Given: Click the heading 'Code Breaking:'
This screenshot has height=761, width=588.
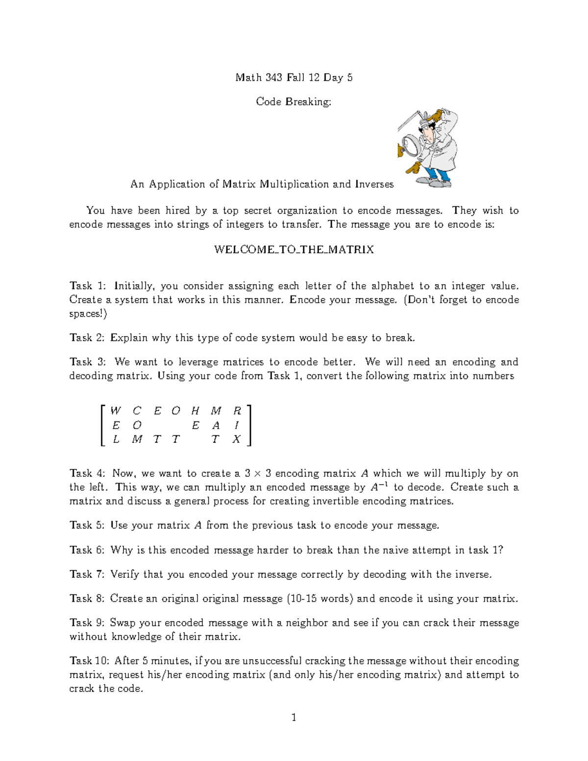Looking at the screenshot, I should tap(294, 101).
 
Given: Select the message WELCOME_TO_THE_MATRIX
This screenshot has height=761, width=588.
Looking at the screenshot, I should tap(294, 249).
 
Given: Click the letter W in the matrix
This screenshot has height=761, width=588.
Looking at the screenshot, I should tap(115, 411).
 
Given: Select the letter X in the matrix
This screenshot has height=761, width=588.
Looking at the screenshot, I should tap(237, 439).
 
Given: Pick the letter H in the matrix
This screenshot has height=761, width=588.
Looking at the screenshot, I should tap(196, 411).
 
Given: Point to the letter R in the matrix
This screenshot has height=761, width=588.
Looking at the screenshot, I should tap(237, 411).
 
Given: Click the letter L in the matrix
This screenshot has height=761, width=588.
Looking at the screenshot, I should tap(116, 439).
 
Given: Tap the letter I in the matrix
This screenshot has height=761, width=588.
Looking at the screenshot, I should tap(237, 425).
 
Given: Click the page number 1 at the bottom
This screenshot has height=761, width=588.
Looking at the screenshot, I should tap(294, 718).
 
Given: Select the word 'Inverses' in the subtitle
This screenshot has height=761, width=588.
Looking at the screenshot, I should tap(375, 184).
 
